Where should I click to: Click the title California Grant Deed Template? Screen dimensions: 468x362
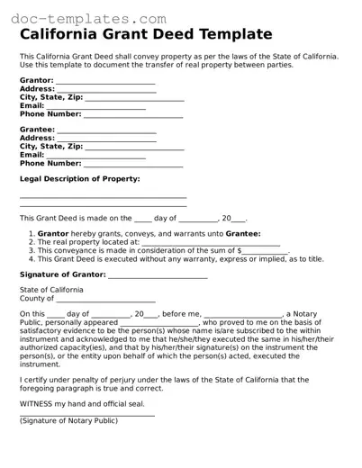[x=146, y=35]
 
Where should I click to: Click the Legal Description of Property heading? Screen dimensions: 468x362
[x=79, y=179]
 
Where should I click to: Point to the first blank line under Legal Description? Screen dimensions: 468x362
[x=103, y=197]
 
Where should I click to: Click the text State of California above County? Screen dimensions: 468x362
[x=51, y=290]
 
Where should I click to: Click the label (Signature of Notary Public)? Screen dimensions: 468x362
[x=68, y=420]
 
